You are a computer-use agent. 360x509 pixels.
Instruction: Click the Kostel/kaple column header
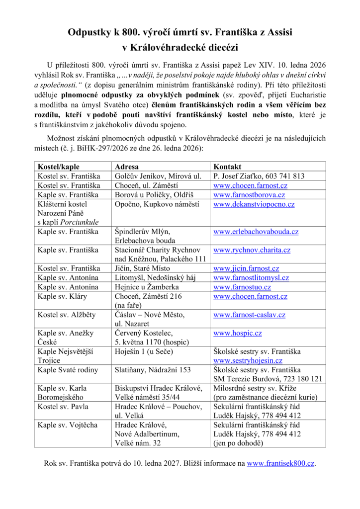[58, 167]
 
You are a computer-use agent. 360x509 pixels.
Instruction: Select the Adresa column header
[127, 167]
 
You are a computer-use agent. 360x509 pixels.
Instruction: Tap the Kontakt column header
[227, 167]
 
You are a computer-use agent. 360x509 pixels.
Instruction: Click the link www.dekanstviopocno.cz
[254, 204]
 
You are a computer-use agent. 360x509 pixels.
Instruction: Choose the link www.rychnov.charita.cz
[252, 250]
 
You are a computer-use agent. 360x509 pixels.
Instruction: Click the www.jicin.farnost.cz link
[246, 268]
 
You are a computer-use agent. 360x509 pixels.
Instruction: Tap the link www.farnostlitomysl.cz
[251, 278]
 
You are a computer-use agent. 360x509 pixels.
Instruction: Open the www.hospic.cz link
[237, 334]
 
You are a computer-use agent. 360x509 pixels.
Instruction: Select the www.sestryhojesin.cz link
[248, 361]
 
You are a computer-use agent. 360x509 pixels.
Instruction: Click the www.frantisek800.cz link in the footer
[281, 464]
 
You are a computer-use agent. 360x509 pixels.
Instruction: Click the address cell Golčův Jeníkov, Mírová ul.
[158, 176]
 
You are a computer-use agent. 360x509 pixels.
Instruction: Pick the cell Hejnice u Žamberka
[147, 287]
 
